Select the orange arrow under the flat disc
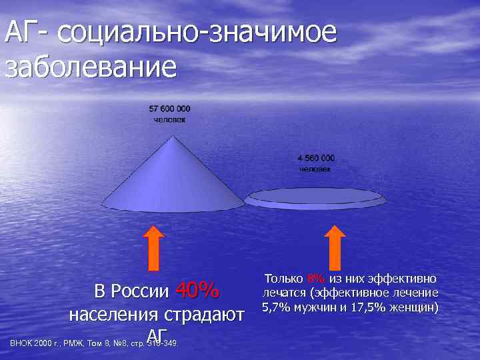(x=335, y=247)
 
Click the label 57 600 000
(x=169, y=108)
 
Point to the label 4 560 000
(x=316, y=158)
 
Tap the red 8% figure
(x=315, y=278)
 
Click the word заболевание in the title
(x=91, y=67)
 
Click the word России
(x=140, y=292)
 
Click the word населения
(x=113, y=315)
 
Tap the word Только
(x=284, y=278)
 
